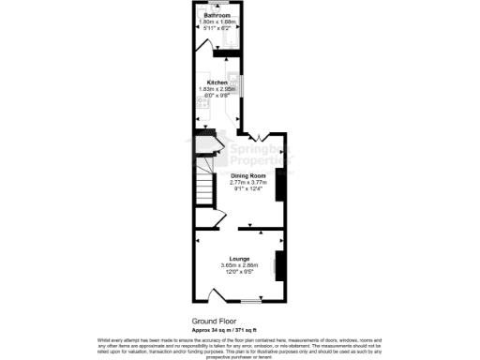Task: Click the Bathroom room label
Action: click(x=219, y=16)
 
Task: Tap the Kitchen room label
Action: click(x=217, y=82)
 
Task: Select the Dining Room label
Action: click(x=248, y=176)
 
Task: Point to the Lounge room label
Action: click(x=239, y=259)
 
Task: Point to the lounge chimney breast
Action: click(x=278, y=265)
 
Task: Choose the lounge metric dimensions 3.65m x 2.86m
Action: click(x=239, y=265)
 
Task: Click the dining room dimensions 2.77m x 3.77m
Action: click(x=248, y=183)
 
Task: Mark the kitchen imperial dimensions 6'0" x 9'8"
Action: click(x=217, y=96)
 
